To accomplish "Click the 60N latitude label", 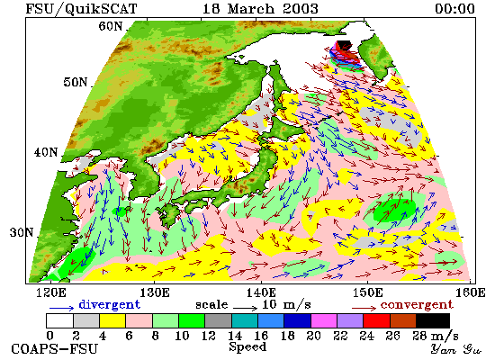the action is pyautogui.click(x=110, y=26).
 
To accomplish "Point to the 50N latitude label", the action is pyautogui.click(x=75, y=82).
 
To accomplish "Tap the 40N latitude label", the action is pyautogui.click(x=46, y=152).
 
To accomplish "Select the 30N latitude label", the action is pyautogui.click(x=22, y=232).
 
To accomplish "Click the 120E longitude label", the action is pyautogui.click(x=51, y=292).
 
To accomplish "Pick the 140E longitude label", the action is pyautogui.click(x=262, y=292).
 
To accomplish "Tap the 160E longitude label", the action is pyautogui.click(x=471, y=292).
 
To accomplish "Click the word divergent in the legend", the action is pyautogui.click(x=109, y=304).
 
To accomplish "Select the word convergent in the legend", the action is pyautogui.click(x=417, y=305).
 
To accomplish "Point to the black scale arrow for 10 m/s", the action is pyautogui.click(x=246, y=307).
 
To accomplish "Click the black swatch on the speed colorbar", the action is pyautogui.click(x=433, y=320).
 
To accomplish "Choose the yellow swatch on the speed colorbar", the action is pyautogui.click(x=112, y=320).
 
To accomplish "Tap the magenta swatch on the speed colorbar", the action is pyautogui.click(x=324, y=320).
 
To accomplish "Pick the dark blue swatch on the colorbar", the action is pyautogui.click(x=297, y=320).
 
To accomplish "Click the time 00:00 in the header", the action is pyautogui.click(x=454, y=8).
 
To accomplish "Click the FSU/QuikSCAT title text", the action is pyautogui.click(x=81, y=9).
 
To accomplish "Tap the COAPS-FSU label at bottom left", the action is pyautogui.click(x=55, y=349).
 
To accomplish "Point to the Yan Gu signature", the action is pyautogui.click(x=456, y=349).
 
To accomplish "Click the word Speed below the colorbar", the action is pyautogui.click(x=247, y=347).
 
